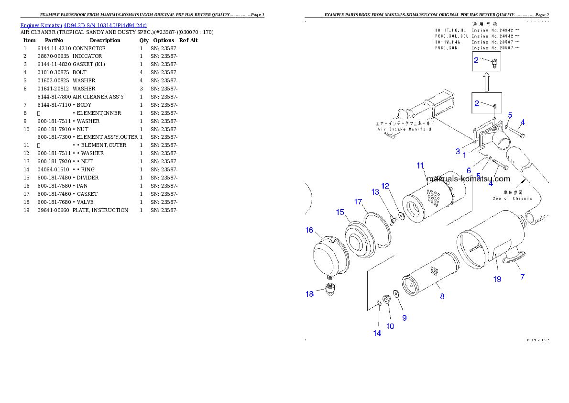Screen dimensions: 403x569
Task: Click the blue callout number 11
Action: click(x=420, y=166)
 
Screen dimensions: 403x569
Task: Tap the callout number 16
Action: click(x=309, y=230)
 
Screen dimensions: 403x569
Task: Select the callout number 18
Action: click(x=310, y=294)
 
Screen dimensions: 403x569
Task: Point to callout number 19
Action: click(x=497, y=279)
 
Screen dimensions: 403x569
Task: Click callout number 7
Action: click(x=522, y=277)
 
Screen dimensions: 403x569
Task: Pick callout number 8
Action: click(x=442, y=296)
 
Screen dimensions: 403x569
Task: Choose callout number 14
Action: click(x=377, y=333)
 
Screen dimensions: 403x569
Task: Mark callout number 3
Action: click(x=458, y=151)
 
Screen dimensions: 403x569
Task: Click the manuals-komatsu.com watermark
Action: click(x=468, y=179)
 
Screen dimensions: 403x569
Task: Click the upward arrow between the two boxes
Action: click(x=487, y=82)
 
